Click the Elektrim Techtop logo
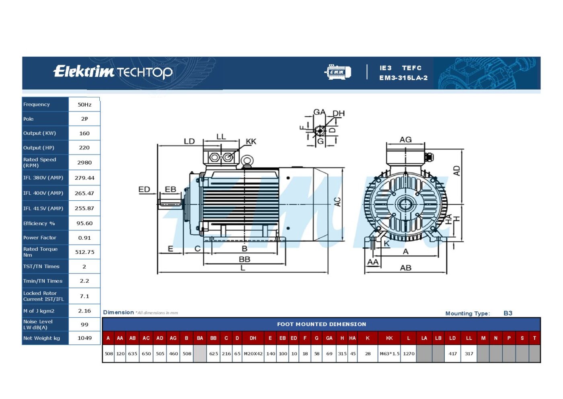coord(113,72)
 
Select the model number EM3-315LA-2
coord(403,78)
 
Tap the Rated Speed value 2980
coord(84,162)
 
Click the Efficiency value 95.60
coord(84,223)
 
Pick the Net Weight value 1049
coord(84,338)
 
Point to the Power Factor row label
coord(40,238)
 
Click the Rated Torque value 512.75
coord(84,252)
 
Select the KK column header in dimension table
coord(389,338)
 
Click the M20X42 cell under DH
coord(253,354)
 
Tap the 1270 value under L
coord(409,354)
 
